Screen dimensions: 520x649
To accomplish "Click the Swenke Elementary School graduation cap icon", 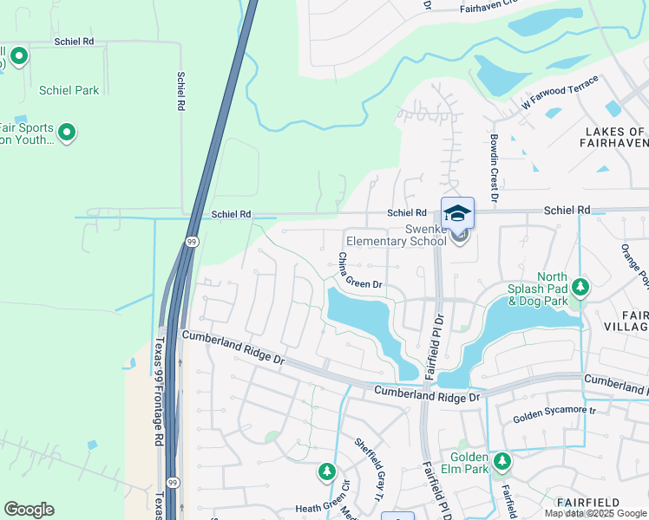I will coord(458,213).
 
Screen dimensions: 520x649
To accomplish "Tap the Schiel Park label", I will coord(69,90).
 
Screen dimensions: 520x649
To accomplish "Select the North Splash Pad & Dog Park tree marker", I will coord(579,287).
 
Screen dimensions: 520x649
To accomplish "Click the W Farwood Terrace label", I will coord(560,92).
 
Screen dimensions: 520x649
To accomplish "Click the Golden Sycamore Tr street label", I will coord(555,414).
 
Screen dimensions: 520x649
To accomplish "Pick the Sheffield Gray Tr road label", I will coord(368,469).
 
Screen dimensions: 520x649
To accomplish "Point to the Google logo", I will coord(29,509).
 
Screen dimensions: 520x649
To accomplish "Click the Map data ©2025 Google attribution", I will coord(595,513).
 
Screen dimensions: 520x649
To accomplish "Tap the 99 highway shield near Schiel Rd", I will coord(192,241).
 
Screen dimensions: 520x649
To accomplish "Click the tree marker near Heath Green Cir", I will coord(327,471).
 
